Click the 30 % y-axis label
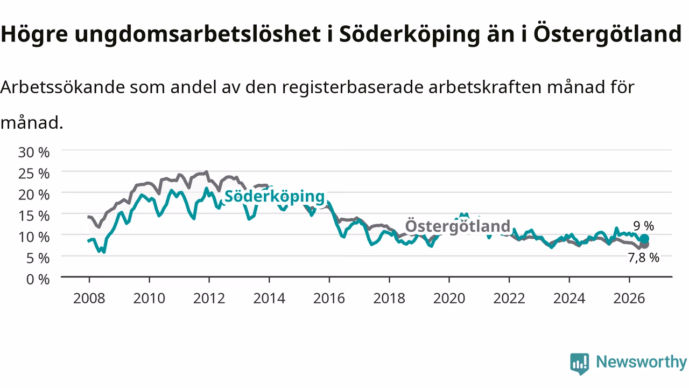tap(34, 153)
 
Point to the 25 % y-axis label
tap(34, 174)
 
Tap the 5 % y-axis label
tap(38, 258)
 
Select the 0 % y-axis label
tap(38, 279)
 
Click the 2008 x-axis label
tap(89, 299)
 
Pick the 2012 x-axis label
tap(209, 299)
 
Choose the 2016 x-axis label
tap(329, 299)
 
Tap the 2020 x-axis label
tap(449, 299)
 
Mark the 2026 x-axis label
tap(629, 299)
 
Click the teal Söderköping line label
tap(275, 197)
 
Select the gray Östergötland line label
tap(458, 226)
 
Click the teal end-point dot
tap(644, 239)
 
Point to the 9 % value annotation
tap(643, 226)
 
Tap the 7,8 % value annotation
tap(643, 258)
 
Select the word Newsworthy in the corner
tap(641, 362)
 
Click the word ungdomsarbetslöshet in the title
tap(198, 34)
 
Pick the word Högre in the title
tap(34, 34)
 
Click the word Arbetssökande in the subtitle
tap(63, 87)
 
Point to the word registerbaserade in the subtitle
tap(353, 87)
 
